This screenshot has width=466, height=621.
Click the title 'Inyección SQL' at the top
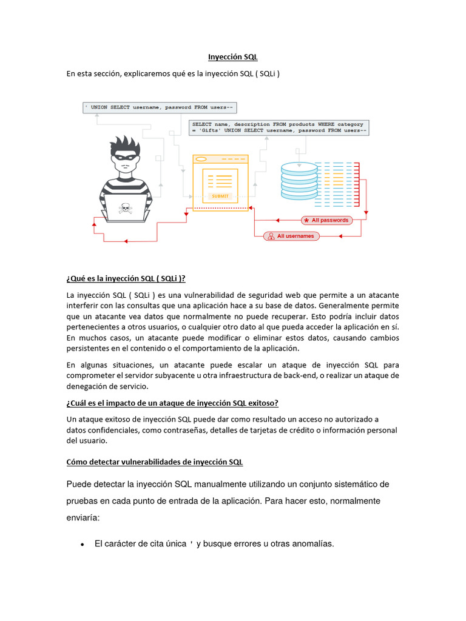click(233, 57)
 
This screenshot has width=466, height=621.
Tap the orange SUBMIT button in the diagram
click(220, 196)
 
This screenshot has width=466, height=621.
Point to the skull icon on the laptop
click(126, 208)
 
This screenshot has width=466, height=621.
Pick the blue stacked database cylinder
click(299, 181)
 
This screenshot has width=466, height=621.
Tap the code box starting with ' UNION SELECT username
click(160, 107)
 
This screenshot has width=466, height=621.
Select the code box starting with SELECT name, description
click(279, 127)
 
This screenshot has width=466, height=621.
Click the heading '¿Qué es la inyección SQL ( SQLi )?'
click(126, 278)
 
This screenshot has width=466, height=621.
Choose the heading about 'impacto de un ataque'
click(172, 403)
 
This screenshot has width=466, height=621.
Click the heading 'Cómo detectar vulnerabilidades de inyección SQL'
click(154, 462)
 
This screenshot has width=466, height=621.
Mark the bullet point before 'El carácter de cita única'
click(82, 545)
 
